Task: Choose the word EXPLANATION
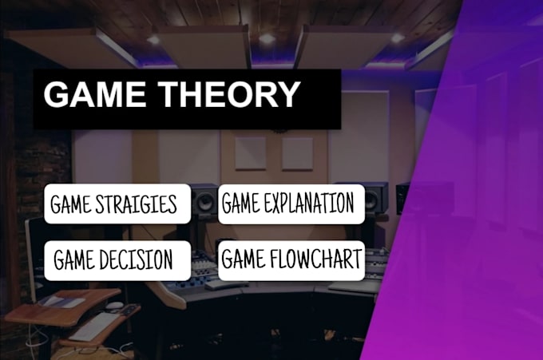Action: click(x=307, y=203)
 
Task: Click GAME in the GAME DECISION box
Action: click(x=73, y=259)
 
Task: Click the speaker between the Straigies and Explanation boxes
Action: click(x=204, y=203)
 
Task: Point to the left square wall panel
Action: click(x=250, y=152)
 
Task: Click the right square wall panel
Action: click(x=297, y=152)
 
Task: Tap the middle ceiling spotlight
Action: click(x=267, y=38)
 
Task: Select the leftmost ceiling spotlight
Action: click(x=153, y=38)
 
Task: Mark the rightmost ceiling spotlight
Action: click(x=397, y=37)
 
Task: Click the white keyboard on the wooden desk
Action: click(x=93, y=326)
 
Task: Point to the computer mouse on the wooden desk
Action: click(x=116, y=306)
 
